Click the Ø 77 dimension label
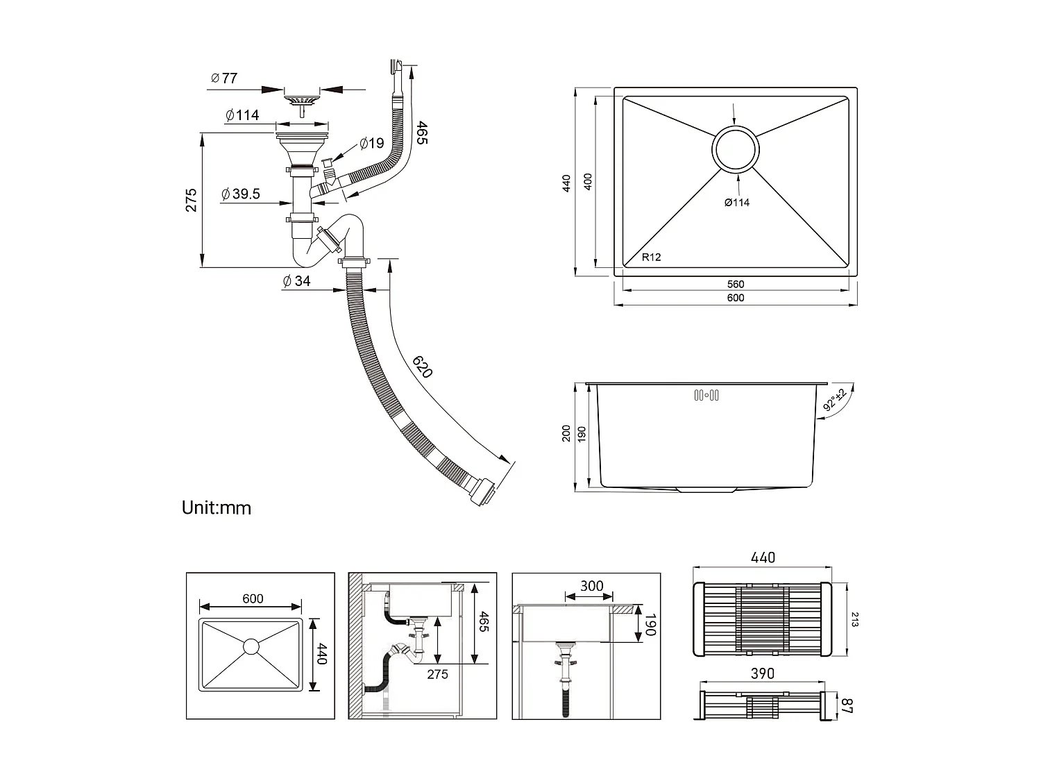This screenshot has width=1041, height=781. pyautogui.click(x=224, y=78)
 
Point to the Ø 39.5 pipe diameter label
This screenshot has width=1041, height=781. pyautogui.click(x=241, y=194)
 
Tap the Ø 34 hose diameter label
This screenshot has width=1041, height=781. pyautogui.click(x=296, y=281)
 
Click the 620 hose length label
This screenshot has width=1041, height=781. pyautogui.click(x=422, y=366)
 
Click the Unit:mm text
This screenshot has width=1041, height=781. pyautogui.click(x=216, y=507)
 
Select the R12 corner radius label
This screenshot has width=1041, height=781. pyautogui.click(x=651, y=257)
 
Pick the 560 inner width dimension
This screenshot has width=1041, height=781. pyautogui.click(x=736, y=284)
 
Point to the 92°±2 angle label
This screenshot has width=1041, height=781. pyautogui.click(x=835, y=400)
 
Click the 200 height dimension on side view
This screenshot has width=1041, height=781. pyautogui.click(x=566, y=434)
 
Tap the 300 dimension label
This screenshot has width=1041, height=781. pyautogui.click(x=591, y=586)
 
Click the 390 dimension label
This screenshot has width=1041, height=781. pyautogui.click(x=762, y=673)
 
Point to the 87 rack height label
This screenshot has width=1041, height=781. pyautogui.click(x=847, y=705)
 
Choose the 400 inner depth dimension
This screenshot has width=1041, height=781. pyautogui.click(x=588, y=183)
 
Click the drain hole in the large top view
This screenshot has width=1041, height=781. pyautogui.click(x=736, y=149)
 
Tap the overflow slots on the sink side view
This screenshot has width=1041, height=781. pyautogui.click(x=706, y=396)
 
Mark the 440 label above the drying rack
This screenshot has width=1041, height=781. pyautogui.click(x=762, y=557)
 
